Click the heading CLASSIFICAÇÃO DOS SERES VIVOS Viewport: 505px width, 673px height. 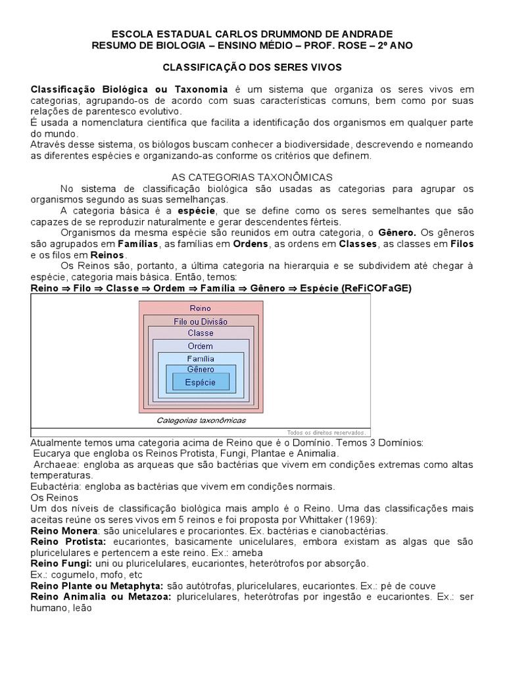pos(252,68)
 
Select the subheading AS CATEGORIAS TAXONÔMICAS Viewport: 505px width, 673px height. pos(252,178)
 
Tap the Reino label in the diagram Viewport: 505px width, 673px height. pos(200,308)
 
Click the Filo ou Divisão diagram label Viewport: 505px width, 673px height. pos(200,321)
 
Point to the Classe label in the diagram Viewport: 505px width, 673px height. pos(200,333)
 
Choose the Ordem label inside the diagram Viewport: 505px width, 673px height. pos(200,346)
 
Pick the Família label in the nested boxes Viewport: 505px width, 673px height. pos(200,359)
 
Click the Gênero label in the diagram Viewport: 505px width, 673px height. pos(200,369)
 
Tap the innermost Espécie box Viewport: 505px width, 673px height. pos(200,381)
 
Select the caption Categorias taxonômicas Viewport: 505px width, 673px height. pos(201,420)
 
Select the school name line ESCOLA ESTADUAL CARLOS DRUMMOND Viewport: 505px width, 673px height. pos(252,34)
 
